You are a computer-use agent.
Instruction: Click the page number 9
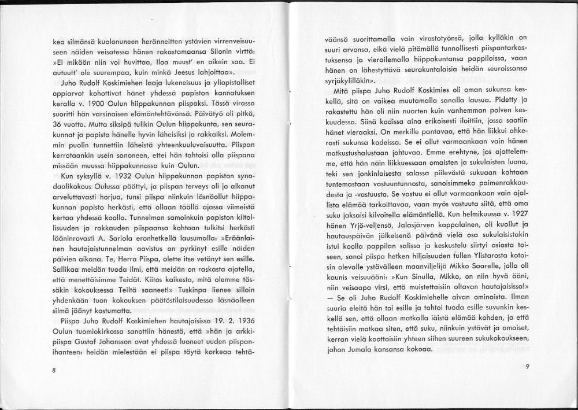(x=528, y=365)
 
